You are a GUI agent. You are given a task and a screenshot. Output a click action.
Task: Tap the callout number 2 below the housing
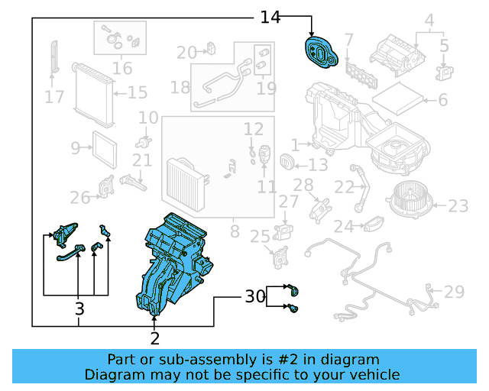155,338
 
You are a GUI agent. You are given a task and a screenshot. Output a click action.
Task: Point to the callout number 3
79,309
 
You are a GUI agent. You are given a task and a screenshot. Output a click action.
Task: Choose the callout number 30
254,296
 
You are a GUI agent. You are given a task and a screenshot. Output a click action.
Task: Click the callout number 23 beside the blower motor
458,205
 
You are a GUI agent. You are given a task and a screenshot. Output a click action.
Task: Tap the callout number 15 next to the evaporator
137,93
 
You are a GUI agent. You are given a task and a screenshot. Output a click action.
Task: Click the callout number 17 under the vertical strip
53,97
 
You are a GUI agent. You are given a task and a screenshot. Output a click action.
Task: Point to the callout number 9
76,147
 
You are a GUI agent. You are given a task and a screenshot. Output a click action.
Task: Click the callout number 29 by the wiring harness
454,292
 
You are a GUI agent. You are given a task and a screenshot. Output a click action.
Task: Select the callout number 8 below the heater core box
235,231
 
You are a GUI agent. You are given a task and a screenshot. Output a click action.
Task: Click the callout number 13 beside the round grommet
318,164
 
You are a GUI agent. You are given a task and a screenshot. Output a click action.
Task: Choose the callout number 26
80,198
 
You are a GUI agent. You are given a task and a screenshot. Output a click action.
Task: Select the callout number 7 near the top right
348,39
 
